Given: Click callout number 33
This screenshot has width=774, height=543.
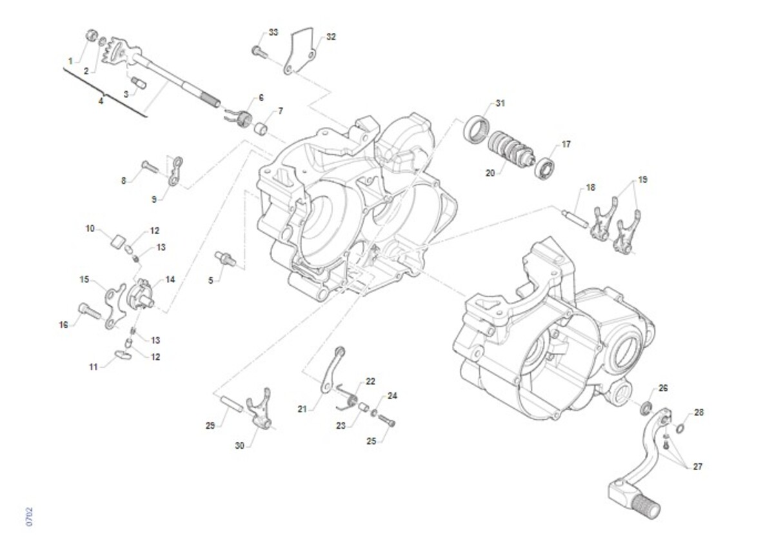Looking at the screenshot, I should click(273, 32).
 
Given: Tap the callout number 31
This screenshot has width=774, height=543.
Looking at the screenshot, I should click(501, 103).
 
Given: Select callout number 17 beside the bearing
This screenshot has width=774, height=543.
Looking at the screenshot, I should click(566, 144).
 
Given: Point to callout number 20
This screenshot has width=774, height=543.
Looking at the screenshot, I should click(490, 172).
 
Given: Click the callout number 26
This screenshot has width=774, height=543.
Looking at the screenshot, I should click(663, 388).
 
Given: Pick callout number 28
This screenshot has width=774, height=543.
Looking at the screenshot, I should click(699, 412).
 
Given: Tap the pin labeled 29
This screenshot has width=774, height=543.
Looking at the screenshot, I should click(232, 403).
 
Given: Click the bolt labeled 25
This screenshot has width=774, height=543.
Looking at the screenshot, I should click(387, 420).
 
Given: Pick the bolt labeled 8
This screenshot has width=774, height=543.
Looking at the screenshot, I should click(149, 166).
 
